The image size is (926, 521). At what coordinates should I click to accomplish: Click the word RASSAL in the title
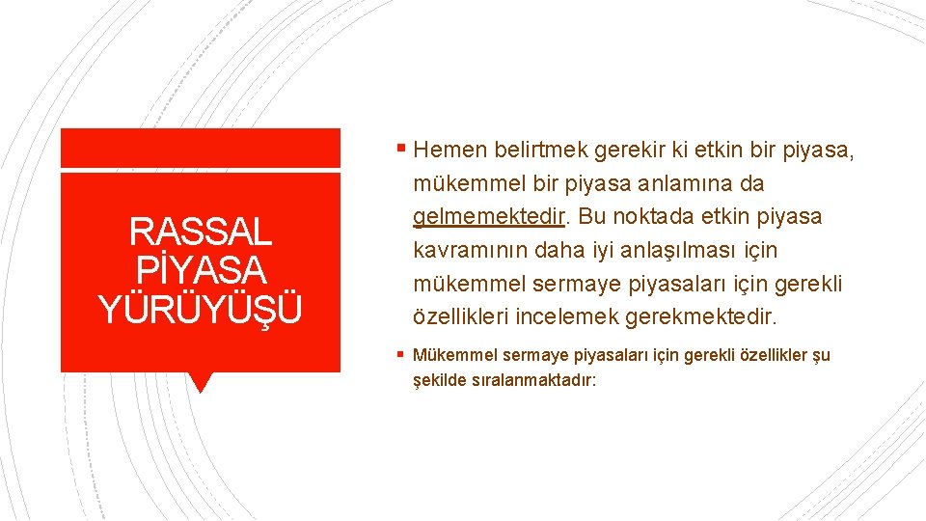[200, 233]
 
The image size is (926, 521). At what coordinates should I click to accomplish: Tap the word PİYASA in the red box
[200, 271]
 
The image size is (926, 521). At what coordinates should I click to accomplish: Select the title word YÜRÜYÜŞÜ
[200, 309]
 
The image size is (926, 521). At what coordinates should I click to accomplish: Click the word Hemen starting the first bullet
[451, 150]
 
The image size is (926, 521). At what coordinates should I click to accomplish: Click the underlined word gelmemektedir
[488, 216]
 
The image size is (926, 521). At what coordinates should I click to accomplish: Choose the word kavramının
[470, 250]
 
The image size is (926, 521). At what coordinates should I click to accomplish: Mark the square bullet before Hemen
[400, 150]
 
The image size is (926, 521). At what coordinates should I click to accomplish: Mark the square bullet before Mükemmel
[400, 355]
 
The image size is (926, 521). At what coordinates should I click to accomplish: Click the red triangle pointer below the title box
[200, 382]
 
